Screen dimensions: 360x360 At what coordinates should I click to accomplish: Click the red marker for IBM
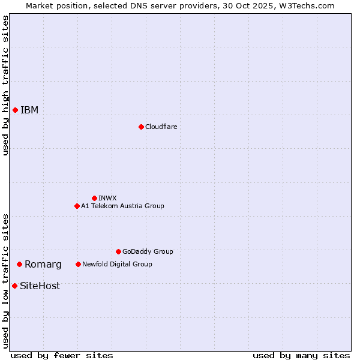tap(15, 110)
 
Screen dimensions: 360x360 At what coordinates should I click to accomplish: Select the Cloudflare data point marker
tap(141, 127)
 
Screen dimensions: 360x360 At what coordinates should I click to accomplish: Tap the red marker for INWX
tap(94, 198)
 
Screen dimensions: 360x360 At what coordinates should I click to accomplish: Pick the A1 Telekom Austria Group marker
tap(77, 206)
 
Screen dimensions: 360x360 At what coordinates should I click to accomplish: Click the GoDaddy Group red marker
tap(118, 251)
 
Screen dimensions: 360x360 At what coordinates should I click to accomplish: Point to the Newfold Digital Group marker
tap(78, 264)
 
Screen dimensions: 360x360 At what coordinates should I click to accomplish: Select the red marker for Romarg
tap(19, 264)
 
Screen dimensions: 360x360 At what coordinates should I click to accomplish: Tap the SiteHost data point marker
tap(14, 286)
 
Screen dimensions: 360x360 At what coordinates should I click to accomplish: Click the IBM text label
tap(29, 110)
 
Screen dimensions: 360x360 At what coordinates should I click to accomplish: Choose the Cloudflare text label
tap(161, 127)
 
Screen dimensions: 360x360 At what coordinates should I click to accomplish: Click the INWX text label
tap(107, 198)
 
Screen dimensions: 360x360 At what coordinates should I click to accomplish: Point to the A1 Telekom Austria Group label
tap(122, 206)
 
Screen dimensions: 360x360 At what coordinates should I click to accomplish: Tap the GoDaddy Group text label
tap(148, 251)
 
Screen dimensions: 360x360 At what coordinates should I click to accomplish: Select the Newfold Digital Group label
tap(117, 264)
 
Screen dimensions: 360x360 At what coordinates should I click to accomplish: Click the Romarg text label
tap(43, 265)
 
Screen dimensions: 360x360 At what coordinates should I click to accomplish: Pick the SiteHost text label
tap(40, 286)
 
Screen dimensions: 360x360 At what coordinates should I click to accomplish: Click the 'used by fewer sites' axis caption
tap(62, 355)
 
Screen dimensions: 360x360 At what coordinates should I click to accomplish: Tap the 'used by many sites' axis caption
tap(301, 355)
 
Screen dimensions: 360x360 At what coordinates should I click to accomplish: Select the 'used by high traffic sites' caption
tap(5, 85)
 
